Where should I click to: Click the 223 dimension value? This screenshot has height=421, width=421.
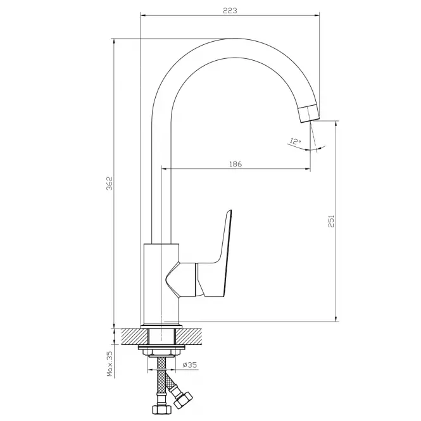pyautogui.click(x=230, y=11)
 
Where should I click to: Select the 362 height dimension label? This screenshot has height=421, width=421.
pyautogui.click(x=110, y=184)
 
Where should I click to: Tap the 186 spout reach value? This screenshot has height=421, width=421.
pyautogui.click(x=236, y=164)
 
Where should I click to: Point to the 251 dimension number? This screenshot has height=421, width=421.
pyautogui.click(x=331, y=221)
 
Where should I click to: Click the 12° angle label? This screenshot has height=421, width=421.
pyautogui.click(x=295, y=141)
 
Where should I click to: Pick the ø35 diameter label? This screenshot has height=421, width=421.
pyautogui.click(x=189, y=365)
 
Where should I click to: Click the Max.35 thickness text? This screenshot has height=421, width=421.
pyautogui.click(x=110, y=364)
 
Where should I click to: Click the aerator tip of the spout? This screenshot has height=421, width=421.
pyautogui.click(x=309, y=114)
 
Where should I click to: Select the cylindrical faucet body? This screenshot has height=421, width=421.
pyautogui.click(x=161, y=284)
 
